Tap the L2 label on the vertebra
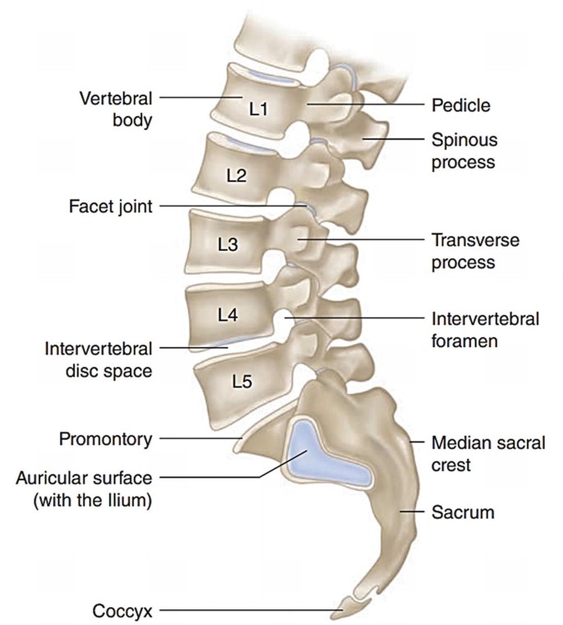point(236,175)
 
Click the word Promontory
point(105,439)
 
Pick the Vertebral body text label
point(116,107)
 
